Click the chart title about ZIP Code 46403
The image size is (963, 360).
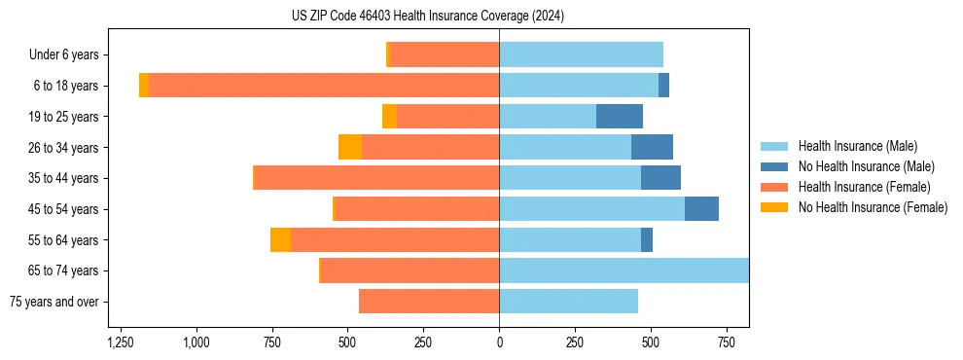click(x=428, y=17)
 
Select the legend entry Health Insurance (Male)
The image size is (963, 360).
click(x=857, y=146)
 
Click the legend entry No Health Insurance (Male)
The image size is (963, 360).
click(x=866, y=166)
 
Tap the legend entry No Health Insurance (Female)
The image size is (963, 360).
click(x=873, y=207)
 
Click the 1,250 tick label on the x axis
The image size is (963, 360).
click(x=121, y=342)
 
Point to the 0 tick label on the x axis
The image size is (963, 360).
click(x=499, y=342)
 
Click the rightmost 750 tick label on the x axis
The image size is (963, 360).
click(x=726, y=342)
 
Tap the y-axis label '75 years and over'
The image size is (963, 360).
click(x=54, y=302)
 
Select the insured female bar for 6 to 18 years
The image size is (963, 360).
click(x=324, y=86)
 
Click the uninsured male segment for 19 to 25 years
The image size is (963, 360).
click(x=620, y=117)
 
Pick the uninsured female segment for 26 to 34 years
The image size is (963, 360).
click(x=350, y=147)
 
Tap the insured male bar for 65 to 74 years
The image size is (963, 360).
click(x=624, y=270)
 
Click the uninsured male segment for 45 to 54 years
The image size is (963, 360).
click(x=701, y=209)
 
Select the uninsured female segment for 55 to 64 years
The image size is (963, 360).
click(x=280, y=239)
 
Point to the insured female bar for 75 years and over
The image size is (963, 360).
click(x=429, y=302)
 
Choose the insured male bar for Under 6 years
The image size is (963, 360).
click(x=581, y=55)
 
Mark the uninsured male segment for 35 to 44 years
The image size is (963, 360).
click(x=660, y=178)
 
